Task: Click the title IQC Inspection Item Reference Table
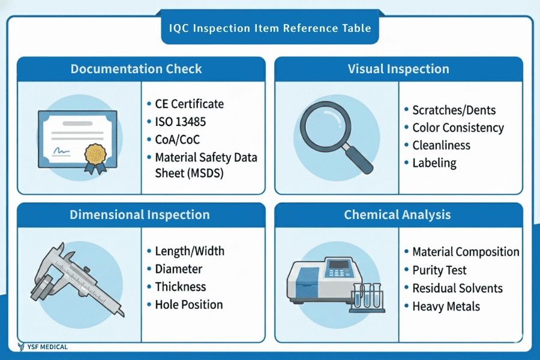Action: coord(270,28)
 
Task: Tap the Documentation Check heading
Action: coord(136,69)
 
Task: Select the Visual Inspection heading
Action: coord(398,69)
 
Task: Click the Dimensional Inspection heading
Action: coord(140,215)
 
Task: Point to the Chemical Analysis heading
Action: coord(397,215)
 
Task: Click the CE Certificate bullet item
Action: coord(189,104)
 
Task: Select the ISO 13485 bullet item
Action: coord(180,122)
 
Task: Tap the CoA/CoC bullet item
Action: coord(177,140)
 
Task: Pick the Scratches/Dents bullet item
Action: coord(454,110)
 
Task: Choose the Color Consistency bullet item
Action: coord(458,128)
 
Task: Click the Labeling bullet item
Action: coord(434,163)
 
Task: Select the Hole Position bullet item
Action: coord(188,305)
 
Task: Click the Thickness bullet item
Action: coord(180,287)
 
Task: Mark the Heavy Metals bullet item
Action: coord(446,307)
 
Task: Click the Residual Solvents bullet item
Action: coord(457,289)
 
